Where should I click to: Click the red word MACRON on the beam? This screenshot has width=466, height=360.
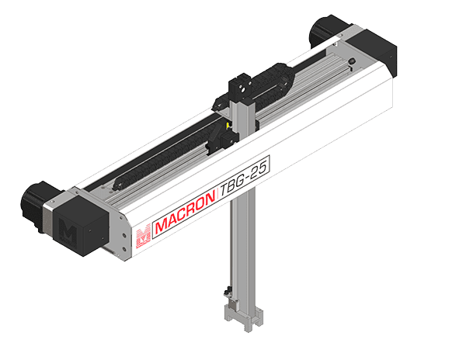[x=185, y=212]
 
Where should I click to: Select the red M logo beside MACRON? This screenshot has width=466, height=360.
[x=143, y=236]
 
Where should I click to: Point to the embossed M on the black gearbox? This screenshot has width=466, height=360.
[x=68, y=231]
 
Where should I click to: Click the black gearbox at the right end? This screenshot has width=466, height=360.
[x=375, y=51]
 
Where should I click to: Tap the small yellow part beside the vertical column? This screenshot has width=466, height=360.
[x=228, y=126]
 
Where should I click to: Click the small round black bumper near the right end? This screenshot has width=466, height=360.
[x=352, y=61]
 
